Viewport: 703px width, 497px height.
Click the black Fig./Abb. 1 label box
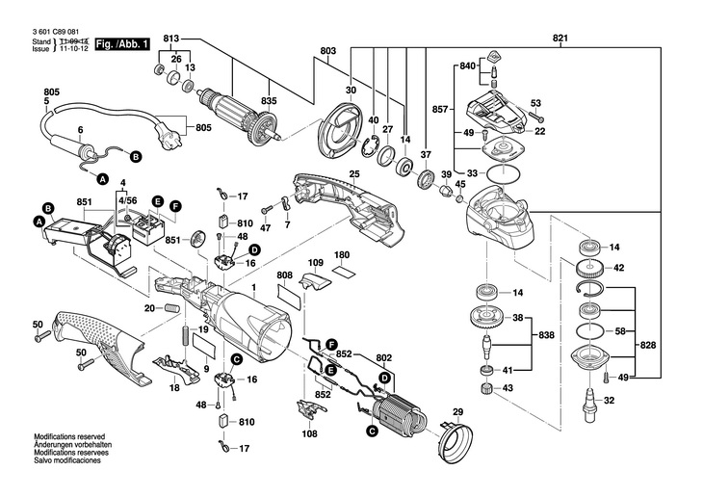click(x=123, y=44)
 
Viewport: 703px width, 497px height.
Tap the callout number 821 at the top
click(x=560, y=39)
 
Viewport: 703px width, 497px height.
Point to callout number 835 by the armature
click(x=270, y=99)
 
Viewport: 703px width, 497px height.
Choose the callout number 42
click(x=620, y=268)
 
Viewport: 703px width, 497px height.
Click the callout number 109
click(x=315, y=262)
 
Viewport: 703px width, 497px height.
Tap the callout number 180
click(x=341, y=255)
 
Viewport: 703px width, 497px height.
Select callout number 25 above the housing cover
click(x=353, y=173)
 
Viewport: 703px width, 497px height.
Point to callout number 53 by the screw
click(x=536, y=103)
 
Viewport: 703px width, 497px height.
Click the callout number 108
click(x=308, y=434)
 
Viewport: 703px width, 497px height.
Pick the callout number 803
click(x=328, y=50)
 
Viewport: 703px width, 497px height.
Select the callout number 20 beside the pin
click(x=149, y=307)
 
